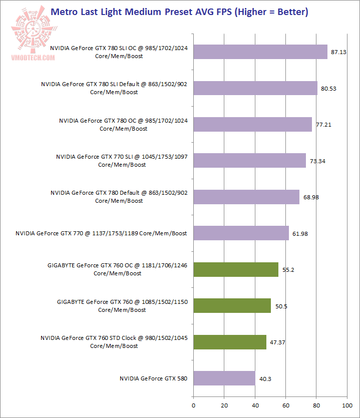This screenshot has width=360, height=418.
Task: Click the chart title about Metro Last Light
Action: point(180,11)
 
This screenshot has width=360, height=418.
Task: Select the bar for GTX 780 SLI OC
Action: point(260,52)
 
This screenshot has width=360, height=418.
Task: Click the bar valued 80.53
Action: point(255,88)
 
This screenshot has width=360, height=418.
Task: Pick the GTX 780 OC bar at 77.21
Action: point(252,124)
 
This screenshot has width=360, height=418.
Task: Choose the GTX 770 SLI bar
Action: point(249,160)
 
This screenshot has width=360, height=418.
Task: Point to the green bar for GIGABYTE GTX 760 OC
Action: point(235,269)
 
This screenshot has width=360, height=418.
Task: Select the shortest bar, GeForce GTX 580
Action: point(224,378)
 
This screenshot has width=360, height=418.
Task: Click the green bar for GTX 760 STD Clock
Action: point(229,342)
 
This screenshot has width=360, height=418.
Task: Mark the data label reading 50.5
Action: point(279,306)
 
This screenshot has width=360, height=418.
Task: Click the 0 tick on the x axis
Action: point(193,405)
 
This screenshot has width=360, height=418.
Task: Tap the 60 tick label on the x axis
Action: point(285,405)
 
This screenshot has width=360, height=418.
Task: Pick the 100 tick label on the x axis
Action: point(347,405)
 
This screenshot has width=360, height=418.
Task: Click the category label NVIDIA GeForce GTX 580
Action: point(153,378)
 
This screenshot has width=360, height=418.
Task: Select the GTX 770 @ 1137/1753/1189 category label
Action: point(101,233)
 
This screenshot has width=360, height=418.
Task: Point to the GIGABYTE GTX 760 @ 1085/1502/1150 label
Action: point(122,306)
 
